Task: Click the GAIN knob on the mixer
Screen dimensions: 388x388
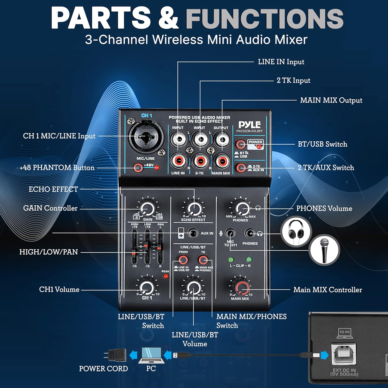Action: tap(147, 208)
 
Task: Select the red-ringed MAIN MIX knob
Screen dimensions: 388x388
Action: tap(242, 288)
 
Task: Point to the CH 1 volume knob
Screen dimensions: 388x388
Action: tap(147, 288)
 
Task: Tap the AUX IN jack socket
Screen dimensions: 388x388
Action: tap(193, 233)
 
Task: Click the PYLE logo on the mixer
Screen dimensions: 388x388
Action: tap(249, 125)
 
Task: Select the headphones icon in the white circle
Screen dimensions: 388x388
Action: tap(296, 231)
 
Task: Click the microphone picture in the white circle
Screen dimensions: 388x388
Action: tap(324, 250)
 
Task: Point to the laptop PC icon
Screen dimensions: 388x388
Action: tap(151, 355)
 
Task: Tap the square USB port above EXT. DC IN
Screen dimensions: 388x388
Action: tap(344, 354)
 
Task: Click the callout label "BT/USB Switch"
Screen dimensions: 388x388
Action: tap(322, 144)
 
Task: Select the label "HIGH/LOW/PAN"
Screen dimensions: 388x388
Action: tap(49, 252)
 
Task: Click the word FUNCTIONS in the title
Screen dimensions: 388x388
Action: tap(264, 18)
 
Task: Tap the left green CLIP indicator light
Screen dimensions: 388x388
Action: tap(231, 259)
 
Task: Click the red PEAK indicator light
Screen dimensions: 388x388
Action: tap(166, 276)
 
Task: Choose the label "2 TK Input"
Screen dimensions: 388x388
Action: tap(293, 80)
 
